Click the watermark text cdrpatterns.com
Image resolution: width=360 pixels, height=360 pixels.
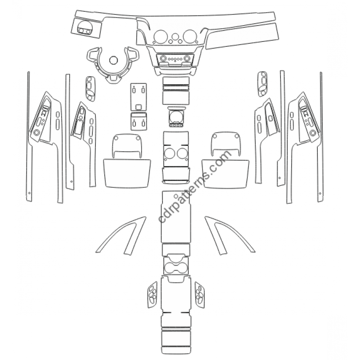(194, 186)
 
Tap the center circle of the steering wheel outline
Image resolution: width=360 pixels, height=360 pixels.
(113, 60)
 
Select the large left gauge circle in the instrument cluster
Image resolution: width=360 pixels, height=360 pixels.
(161, 36)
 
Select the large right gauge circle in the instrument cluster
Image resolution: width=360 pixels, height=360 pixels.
(189, 36)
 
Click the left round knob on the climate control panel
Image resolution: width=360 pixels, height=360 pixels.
(163, 58)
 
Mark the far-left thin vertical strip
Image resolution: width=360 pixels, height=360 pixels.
(29, 136)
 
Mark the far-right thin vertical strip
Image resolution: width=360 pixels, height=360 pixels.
(321, 137)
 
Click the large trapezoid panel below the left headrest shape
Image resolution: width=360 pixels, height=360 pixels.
(127, 173)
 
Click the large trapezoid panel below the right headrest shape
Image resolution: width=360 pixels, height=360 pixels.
(225, 174)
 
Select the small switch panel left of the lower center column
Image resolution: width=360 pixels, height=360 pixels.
(152, 295)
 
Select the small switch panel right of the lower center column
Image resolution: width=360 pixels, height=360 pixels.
(200, 295)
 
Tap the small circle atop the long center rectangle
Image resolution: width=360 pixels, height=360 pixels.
(176, 196)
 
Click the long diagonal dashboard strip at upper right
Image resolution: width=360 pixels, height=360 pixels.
(242, 36)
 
